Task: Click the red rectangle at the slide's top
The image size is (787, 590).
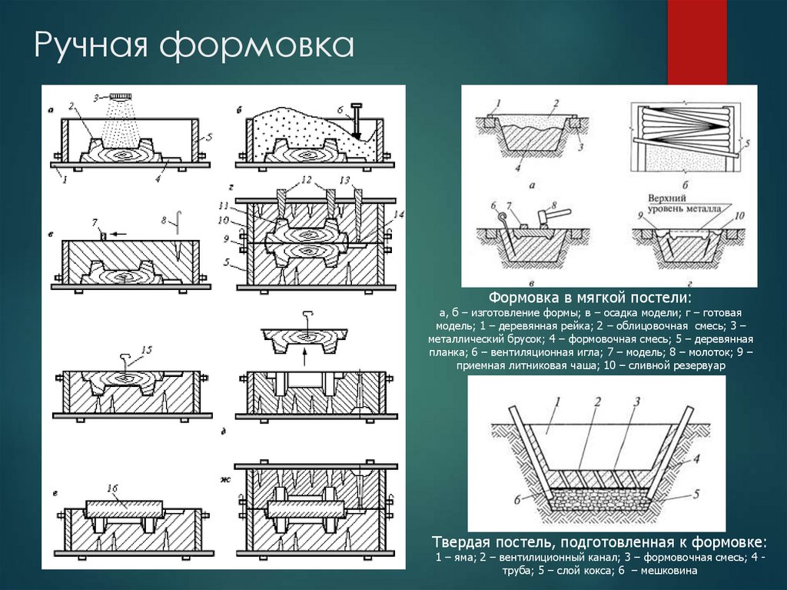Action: [x=696, y=42]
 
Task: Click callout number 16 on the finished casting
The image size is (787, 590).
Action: [x=112, y=488]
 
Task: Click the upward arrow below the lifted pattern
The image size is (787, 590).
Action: [x=305, y=357]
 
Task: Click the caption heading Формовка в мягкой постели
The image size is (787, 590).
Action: [x=589, y=298]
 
